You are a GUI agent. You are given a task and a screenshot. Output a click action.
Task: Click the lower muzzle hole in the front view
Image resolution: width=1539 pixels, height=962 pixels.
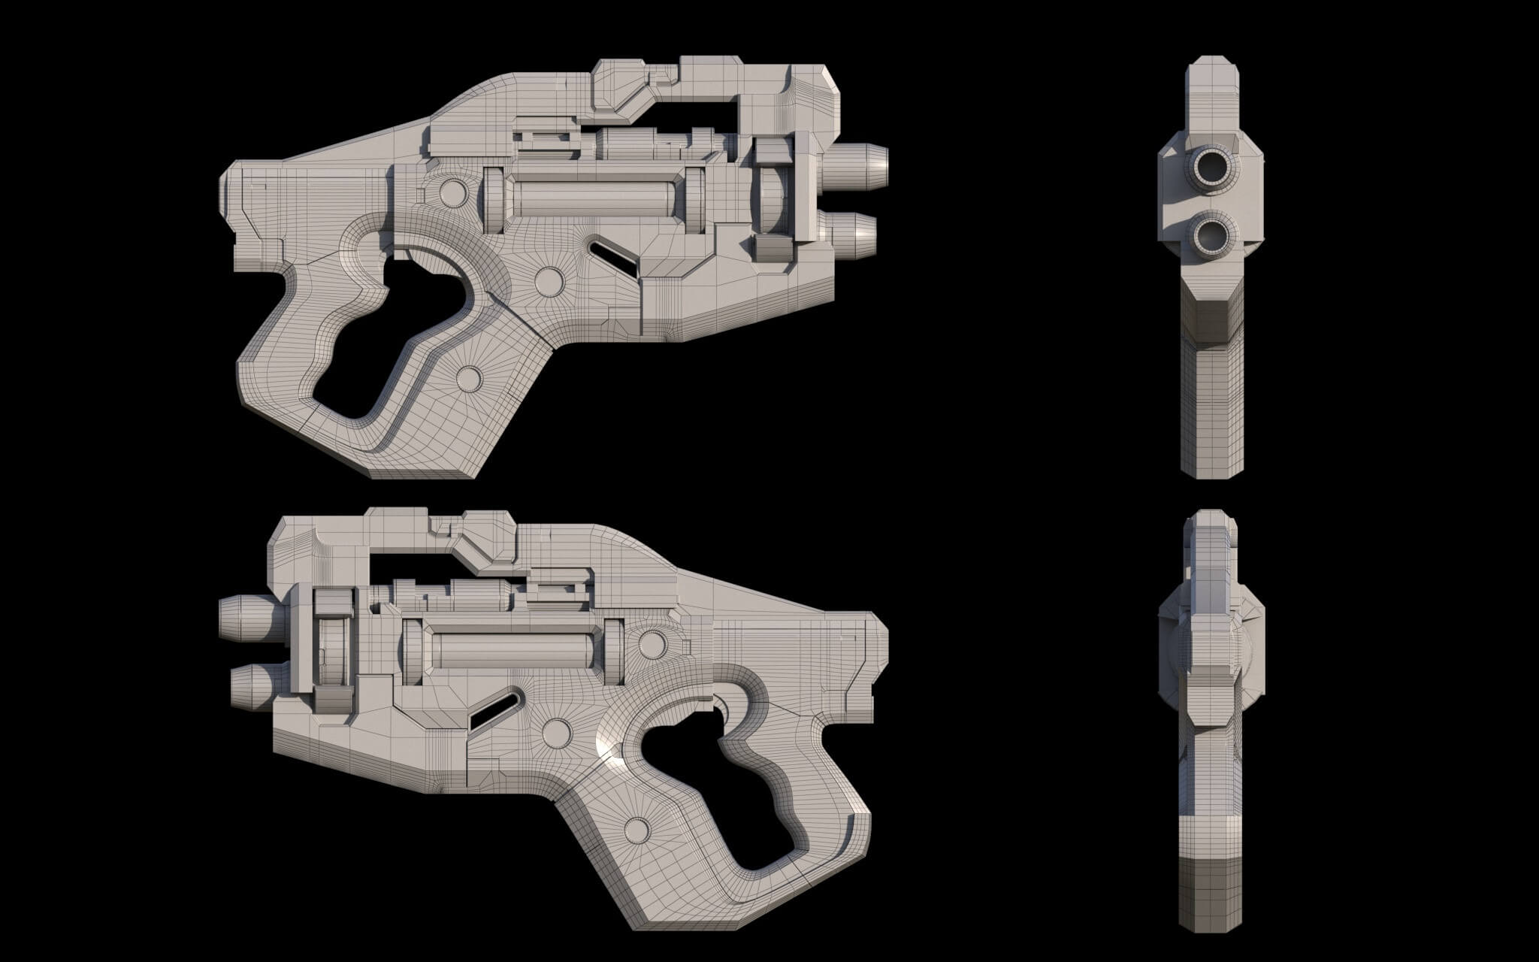[1211, 234]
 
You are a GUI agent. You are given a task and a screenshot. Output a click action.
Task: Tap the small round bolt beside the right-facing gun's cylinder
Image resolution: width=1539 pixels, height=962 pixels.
[452, 192]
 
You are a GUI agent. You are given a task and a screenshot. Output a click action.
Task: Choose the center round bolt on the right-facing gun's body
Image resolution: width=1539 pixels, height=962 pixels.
[550, 280]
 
